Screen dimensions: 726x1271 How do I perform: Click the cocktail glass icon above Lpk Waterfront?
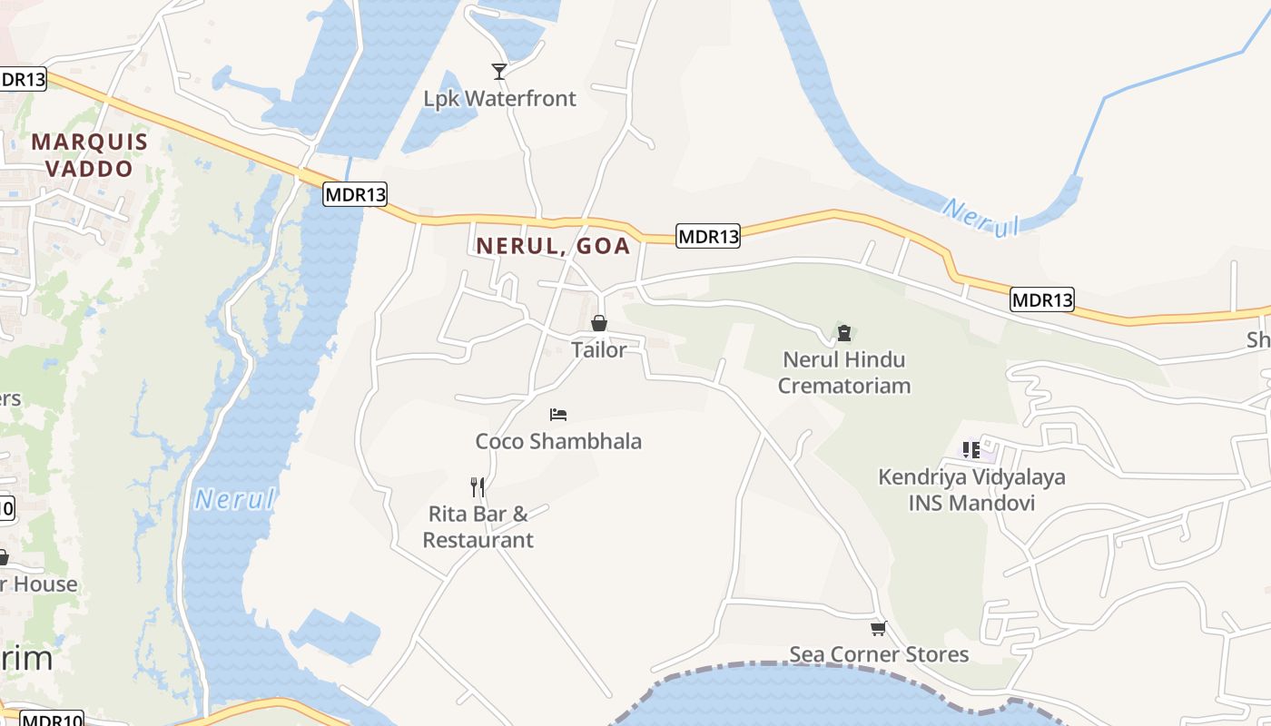[x=498, y=71]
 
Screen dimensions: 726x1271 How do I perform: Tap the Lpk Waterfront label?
[x=499, y=98]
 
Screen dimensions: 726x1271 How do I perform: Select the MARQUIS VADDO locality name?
[x=89, y=155]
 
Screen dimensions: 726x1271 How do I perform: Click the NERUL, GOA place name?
[x=553, y=246]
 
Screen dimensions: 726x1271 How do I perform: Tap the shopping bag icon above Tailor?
[x=599, y=323]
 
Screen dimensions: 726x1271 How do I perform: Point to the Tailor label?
[x=599, y=349]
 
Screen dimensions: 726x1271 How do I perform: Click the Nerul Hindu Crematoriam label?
[x=844, y=372]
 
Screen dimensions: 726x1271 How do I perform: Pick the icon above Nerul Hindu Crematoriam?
[x=844, y=332]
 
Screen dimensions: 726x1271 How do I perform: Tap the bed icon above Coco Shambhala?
[x=558, y=415]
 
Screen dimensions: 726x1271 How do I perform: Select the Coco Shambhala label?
[x=558, y=441]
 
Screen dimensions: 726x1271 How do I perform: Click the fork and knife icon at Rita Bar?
[x=478, y=487]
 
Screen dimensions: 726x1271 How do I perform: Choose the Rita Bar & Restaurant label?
[x=478, y=526]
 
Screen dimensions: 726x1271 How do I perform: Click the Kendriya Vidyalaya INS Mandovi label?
[x=971, y=489]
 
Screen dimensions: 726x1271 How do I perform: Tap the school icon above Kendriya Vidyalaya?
[x=971, y=449]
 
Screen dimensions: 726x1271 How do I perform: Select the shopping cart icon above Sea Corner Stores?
[x=878, y=628]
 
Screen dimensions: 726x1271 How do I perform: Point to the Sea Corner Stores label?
[x=879, y=654]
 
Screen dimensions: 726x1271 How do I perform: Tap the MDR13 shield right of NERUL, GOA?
[x=708, y=237]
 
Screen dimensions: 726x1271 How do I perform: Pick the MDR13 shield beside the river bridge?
[x=355, y=193]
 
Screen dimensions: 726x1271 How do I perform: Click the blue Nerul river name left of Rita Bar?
[x=234, y=499]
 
